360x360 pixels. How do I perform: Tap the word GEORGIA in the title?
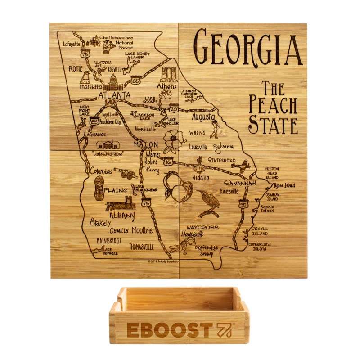pos(247,47)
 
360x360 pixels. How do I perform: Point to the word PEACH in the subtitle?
pos(273,105)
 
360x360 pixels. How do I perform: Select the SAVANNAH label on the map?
pos(241,184)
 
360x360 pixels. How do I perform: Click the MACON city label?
pos(145,145)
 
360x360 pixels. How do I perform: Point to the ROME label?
pos(76,68)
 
